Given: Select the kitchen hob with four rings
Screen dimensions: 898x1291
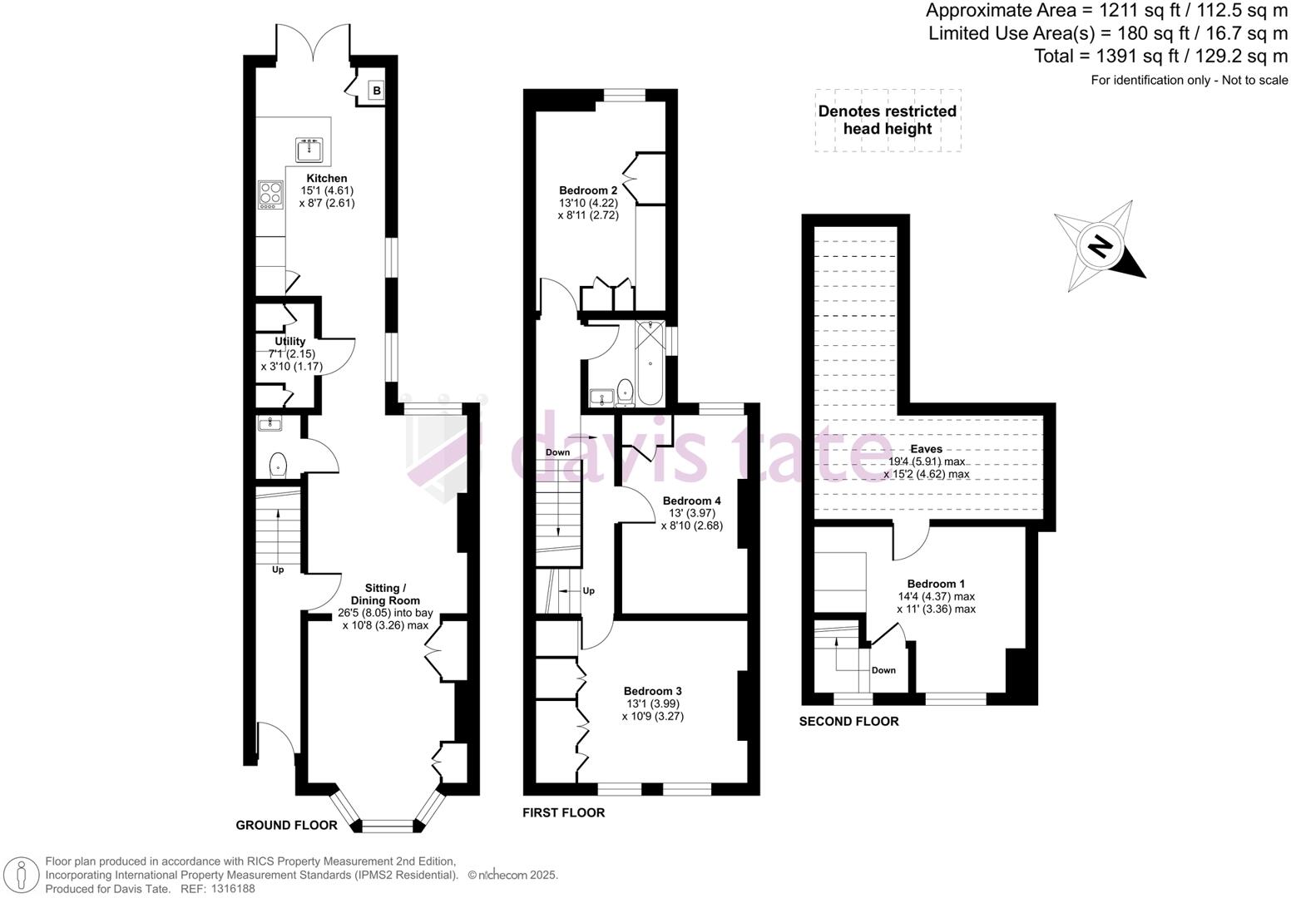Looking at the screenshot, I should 270,195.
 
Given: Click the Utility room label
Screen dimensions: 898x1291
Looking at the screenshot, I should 290,342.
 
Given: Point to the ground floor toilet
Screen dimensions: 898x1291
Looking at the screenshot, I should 278,463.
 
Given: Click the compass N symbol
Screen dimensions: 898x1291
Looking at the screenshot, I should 1100,247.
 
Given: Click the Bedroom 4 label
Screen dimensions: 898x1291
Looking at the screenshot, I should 691,501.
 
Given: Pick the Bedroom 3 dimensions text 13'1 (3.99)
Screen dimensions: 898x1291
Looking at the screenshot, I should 653,703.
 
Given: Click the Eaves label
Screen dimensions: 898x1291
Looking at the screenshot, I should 927,449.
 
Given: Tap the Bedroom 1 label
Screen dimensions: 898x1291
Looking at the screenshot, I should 936,584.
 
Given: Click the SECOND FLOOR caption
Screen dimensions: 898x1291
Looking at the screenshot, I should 848,722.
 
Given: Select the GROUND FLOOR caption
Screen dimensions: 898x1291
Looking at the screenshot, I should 287,825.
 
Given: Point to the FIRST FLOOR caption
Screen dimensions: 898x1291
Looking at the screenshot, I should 563,812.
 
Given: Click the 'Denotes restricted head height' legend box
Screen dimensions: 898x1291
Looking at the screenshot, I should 888,120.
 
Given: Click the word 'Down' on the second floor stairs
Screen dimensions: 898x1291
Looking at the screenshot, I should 883,670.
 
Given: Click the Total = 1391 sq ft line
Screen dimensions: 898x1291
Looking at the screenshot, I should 1160,57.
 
